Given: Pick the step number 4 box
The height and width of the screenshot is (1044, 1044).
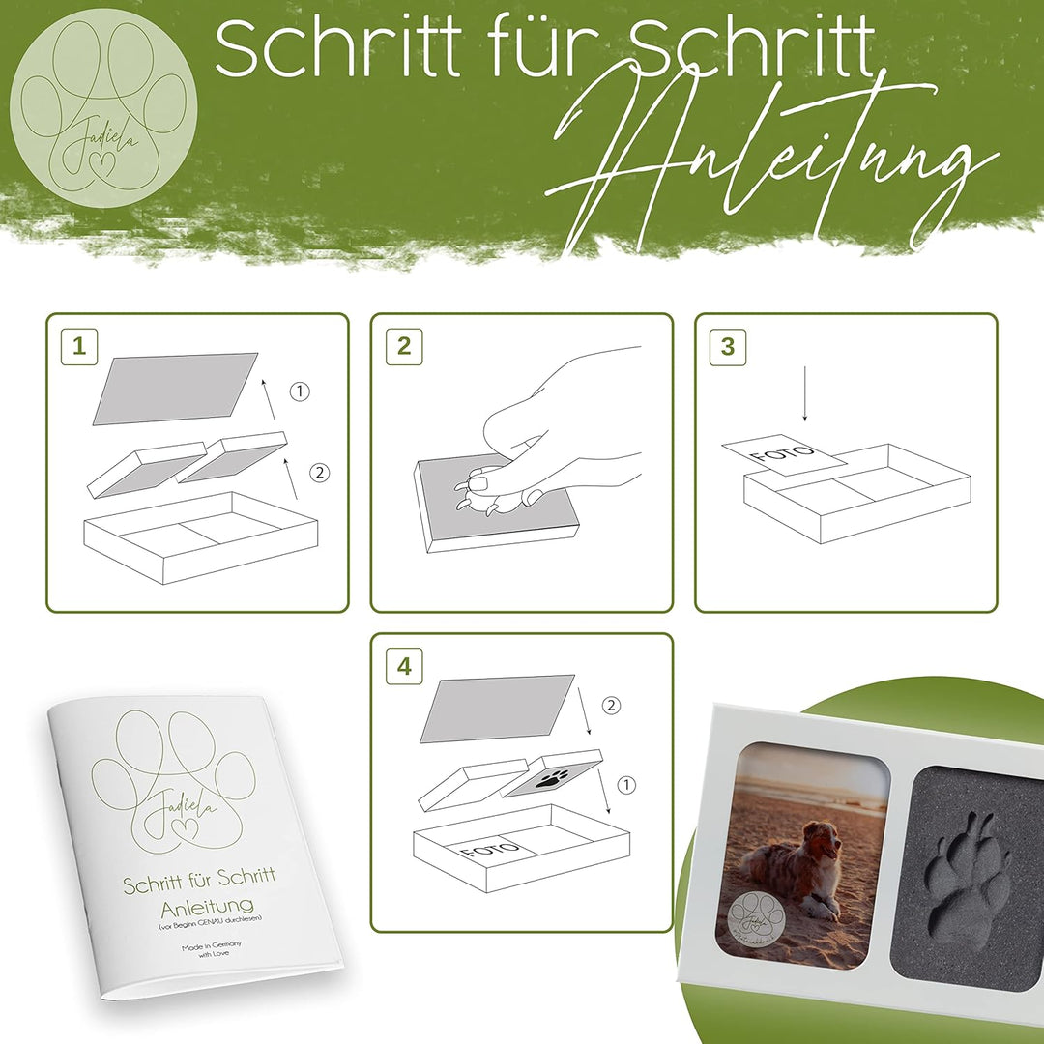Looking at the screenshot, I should pyautogui.click(x=403, y=667).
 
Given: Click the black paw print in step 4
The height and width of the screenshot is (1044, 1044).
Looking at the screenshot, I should pyautogui.click(x=553, y=779).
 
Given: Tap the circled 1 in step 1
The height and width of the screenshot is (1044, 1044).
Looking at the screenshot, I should pyautogui.click(x=301, y=391).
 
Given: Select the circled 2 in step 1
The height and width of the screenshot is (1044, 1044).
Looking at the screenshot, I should pyautogui.click(x=320, y=473).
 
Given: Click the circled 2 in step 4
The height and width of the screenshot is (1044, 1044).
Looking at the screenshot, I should pyautogui.click(x=610, y=706).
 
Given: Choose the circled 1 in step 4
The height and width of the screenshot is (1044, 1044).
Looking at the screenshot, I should pyautogui.click(x=626, y=785).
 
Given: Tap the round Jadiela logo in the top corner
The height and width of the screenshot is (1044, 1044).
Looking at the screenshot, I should pyautogui.click(x=103, y=108).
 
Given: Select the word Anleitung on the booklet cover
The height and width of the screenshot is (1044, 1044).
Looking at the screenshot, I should pyautogui.click(x=194, y=907).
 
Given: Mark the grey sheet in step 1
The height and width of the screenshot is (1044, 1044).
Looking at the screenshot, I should pyautogui.click(x=176, y=388).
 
